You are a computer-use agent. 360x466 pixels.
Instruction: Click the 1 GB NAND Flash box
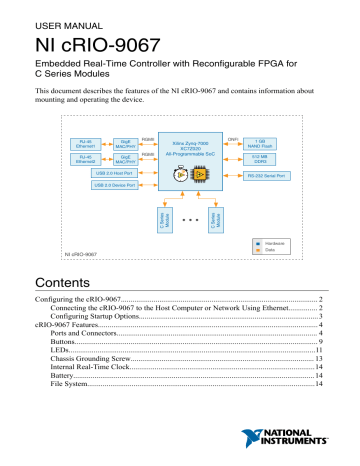[x=262, y=143]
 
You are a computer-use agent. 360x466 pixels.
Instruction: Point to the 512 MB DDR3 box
[x=262, y=160]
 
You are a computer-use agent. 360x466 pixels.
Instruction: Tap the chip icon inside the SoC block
[x=198, y=172]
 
